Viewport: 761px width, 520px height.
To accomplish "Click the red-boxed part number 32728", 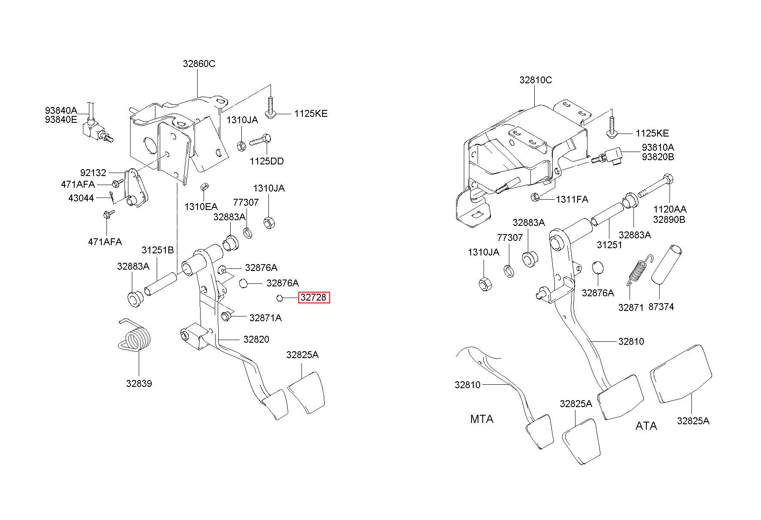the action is [x=314, y=297].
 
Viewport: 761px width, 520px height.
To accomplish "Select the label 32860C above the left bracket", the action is [x=199, y=64].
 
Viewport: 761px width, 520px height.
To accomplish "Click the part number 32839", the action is [x=139, y=383].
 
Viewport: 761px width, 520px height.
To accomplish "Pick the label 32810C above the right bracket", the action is [x=536, y=80].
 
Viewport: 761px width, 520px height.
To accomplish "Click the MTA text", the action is [x=481, y=419].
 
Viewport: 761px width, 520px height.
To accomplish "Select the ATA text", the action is [x=646, y=426].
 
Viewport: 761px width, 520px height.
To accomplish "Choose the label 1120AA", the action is [x=670, y=210].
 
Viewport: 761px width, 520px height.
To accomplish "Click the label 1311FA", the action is [x=572, y=200].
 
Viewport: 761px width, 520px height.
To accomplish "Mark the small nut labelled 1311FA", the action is [x=536, y=198].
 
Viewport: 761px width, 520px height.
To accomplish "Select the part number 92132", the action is [x=93, y=173].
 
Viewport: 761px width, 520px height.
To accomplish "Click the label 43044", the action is [x=81, y=198].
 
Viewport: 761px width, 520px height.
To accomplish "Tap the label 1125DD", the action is [x=267, y=161].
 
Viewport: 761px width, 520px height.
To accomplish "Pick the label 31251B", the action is [x=158, y=250].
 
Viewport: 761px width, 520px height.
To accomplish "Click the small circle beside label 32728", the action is [x=280, y=298].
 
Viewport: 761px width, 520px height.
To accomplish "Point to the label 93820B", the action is [x=658, y=157].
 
